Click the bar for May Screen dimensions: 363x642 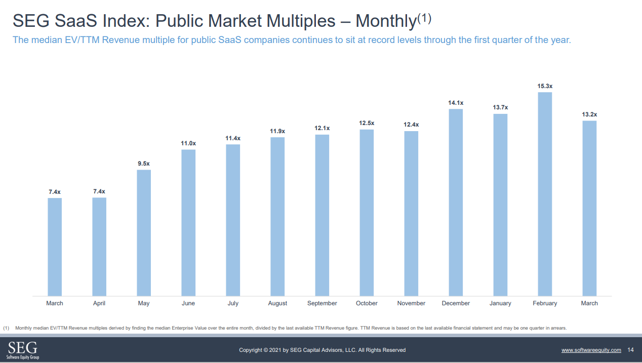144,232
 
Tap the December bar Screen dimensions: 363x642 456,203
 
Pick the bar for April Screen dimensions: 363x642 99,247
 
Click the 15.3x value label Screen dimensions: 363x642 545,87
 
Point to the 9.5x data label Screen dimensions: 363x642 144,164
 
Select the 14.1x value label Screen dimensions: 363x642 456,103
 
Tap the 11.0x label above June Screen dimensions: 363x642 188,143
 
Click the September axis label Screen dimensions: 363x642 322,303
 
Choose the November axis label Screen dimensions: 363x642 411,303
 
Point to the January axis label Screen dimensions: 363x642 500,303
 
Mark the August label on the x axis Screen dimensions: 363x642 277,303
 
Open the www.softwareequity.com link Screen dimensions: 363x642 591,350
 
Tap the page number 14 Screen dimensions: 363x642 630,350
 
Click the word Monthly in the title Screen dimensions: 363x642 385,21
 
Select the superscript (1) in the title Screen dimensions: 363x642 424,18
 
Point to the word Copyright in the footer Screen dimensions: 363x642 251,350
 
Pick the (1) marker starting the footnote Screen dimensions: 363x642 6,328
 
